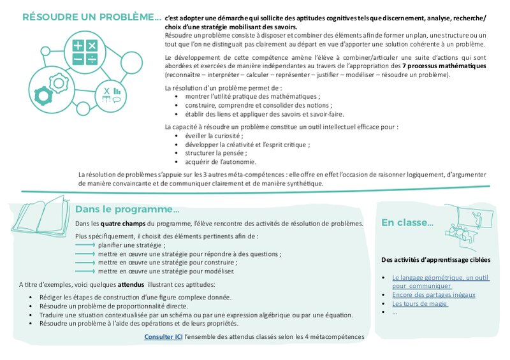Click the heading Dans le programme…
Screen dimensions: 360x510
pyautogui.click(x=127, y=209)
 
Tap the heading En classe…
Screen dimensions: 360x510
pyautogui.click(x=407, y=222)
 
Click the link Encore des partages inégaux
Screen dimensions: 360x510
pyautogui.click(x=433, y=294)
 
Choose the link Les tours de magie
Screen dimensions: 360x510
pyautogui.click(x=420, y=303)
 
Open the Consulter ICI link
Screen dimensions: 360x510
pyautogui.click(x=163, y=336)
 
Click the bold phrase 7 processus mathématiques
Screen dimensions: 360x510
pyautogui.click(x=444, y=66)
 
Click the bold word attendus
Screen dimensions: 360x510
pyautogui.click(x=128, y=284)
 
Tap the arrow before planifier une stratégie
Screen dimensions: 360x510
pyautogui.click(x=85, y=245)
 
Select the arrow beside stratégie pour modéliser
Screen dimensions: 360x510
pyautogui.click(x=85, y=270)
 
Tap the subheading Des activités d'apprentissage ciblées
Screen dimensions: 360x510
pyautogui.click(x=435, y=260)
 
